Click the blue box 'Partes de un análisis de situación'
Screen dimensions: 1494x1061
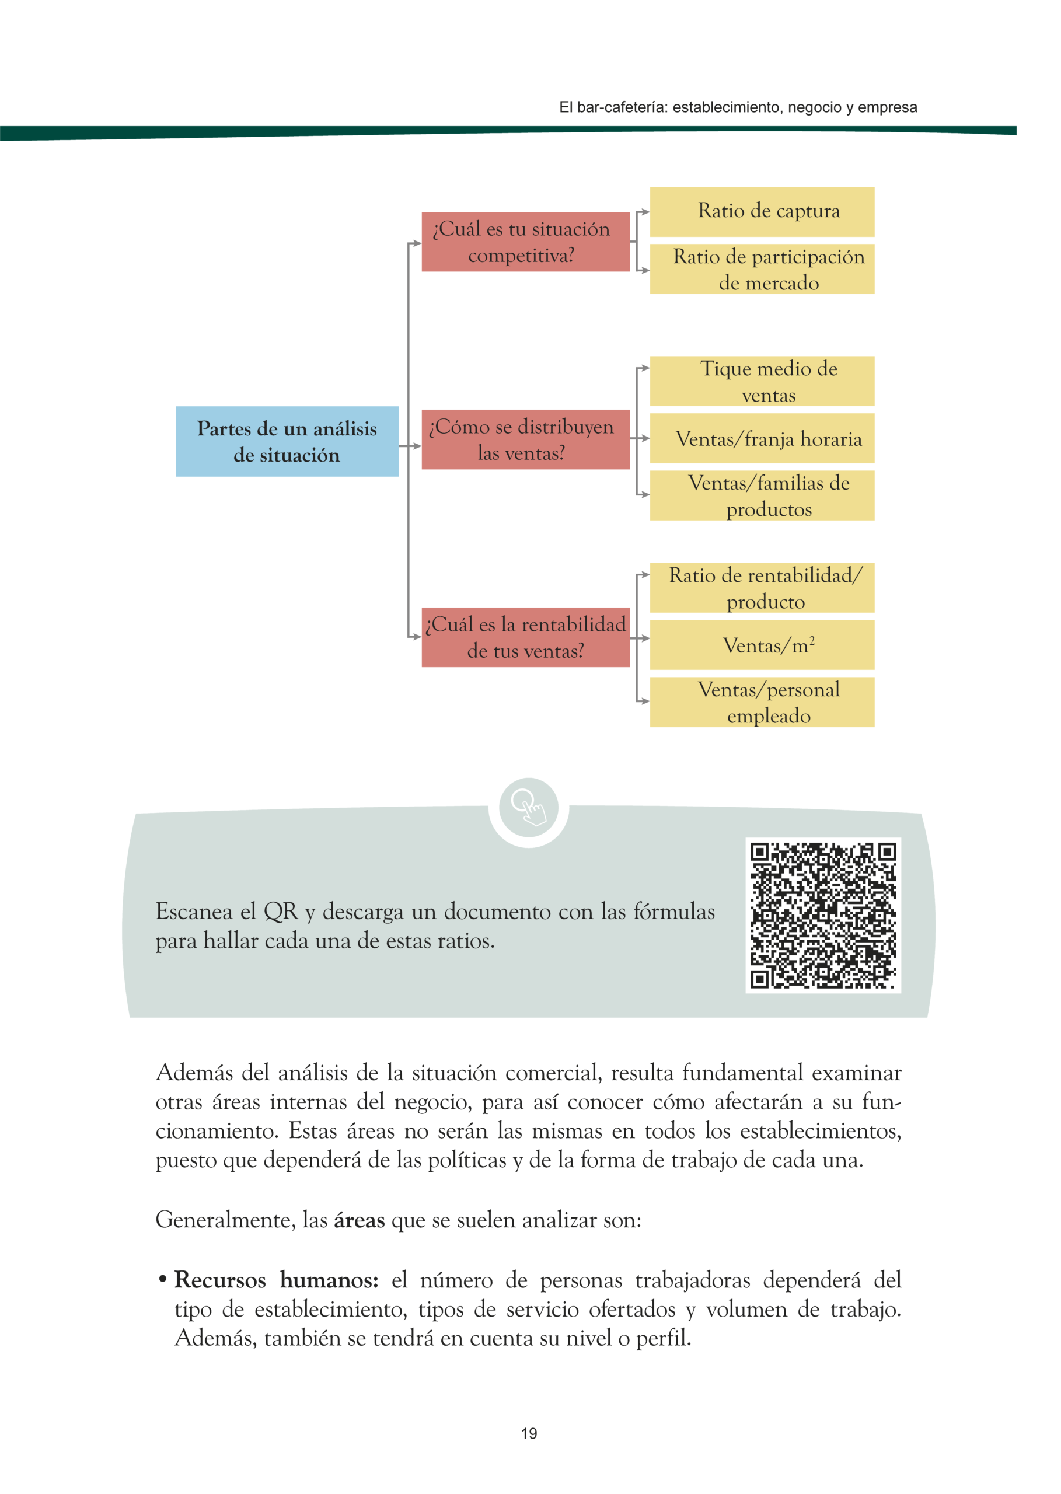[287, 441]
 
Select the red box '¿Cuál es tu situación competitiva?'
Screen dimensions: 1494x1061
[525, 241]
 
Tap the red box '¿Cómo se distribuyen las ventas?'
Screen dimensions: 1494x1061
[525, 439]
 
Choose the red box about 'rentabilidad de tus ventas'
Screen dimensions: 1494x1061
[525, 637]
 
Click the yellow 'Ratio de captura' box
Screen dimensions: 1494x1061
[762, 212]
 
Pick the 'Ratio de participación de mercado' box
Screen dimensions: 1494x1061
[762, 269]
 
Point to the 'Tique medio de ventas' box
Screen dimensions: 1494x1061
[762, 381]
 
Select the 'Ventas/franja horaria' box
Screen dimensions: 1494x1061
[762, 438]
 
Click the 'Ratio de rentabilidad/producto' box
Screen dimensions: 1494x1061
[762, 587]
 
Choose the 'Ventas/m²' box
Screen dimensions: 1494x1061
[762, 645]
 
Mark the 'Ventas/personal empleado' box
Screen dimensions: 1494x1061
[762, 701]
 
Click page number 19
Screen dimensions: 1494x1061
[529, 1433]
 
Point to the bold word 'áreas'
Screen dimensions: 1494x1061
[359, 1220]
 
